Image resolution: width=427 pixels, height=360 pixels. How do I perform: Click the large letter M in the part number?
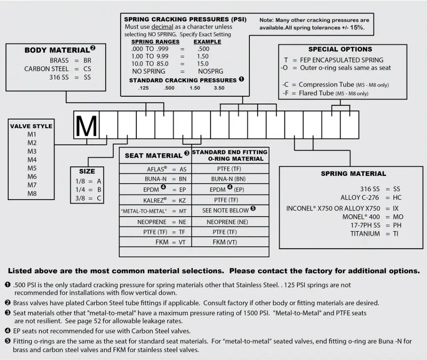86,125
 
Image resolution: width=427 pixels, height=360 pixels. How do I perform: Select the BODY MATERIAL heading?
57,50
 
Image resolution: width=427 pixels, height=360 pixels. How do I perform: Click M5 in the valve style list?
32,168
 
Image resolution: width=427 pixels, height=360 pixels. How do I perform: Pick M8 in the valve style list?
32,194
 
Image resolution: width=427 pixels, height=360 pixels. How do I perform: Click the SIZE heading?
87,171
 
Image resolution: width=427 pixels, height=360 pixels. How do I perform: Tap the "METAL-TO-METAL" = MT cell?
154,211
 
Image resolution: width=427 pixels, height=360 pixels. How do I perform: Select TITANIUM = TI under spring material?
374,234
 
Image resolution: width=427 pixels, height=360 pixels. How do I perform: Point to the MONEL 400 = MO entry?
373,217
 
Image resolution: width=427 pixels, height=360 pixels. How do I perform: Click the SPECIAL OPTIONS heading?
340,49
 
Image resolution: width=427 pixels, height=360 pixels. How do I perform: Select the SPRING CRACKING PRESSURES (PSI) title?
185,20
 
